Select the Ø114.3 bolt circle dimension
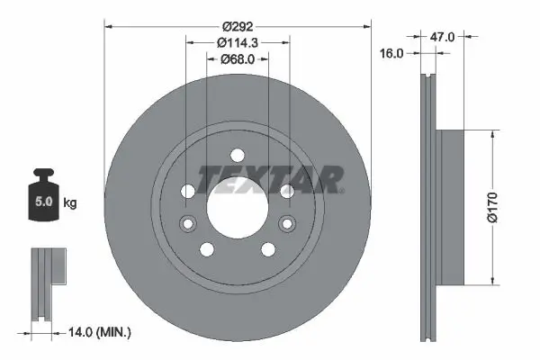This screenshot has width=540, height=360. (238, 42)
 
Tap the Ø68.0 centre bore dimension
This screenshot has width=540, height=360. (238, 60)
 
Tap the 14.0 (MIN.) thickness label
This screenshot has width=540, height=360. (100, 332)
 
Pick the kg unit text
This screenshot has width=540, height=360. (70, 203)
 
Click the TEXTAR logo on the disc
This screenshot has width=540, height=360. (270, 179)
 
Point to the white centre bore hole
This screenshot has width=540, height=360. (238, 204)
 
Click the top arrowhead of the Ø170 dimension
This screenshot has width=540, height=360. (492, 133)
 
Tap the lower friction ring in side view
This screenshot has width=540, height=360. (428, 306)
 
